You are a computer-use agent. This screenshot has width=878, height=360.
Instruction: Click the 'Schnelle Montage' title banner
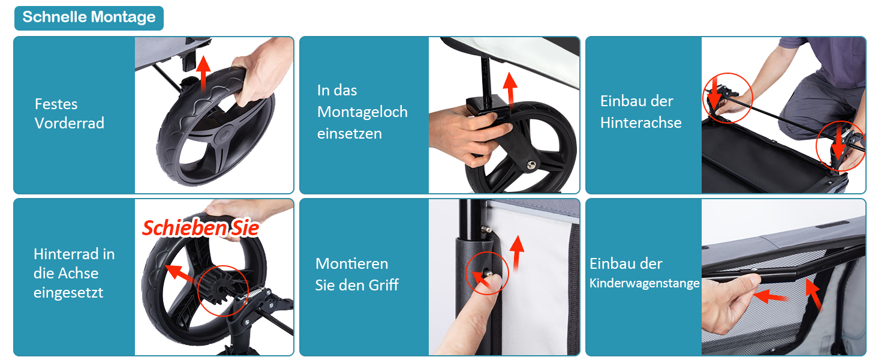(x=89, y=18)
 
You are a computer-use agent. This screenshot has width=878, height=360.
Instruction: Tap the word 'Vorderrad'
(x=70, y=123)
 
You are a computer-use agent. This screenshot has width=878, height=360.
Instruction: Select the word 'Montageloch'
(x=362, y=112)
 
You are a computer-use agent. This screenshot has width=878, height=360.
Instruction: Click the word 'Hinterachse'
(x=641, y=123)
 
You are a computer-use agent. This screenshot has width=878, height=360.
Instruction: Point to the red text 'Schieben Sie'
(x=200, y=228)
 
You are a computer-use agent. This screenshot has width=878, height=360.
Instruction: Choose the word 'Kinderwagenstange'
(x=644, y=283)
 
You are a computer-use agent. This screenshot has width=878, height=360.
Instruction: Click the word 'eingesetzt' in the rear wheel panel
(x=68, y=293)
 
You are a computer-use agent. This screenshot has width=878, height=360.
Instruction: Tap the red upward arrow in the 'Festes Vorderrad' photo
(x=203, y=73)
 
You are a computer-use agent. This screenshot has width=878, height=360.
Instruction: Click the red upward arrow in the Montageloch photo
(x=510, y=89)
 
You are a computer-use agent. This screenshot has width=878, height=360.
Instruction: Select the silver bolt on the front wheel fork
(x=531, y=165)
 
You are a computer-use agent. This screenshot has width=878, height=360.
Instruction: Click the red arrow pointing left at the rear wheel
(x=181, y=274)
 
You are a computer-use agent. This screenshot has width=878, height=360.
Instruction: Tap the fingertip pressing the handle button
(x=492, y=283)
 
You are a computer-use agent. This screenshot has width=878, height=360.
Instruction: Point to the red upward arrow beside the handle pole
(x=518, y=253)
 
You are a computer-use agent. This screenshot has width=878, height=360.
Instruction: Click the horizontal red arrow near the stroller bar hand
(x=770, y=296)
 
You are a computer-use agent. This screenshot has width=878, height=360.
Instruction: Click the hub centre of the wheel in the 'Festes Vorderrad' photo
(x=224, y=135)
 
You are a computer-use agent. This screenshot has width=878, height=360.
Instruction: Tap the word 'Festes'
(x=56, y=104)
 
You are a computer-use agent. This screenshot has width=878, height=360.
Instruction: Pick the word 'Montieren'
(x=351, y=263)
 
